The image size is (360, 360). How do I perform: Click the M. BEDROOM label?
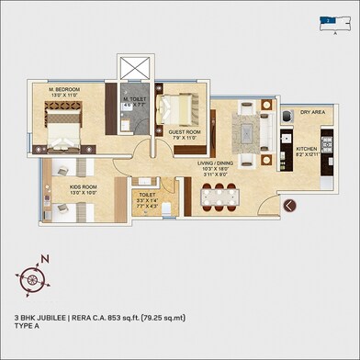click(57, 90)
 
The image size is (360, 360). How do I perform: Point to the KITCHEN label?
click(306, 147)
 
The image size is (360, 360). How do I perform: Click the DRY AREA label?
click(312, 112)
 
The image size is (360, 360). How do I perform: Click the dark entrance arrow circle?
click(290, 206)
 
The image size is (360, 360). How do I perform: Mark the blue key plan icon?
click(327, 17)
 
